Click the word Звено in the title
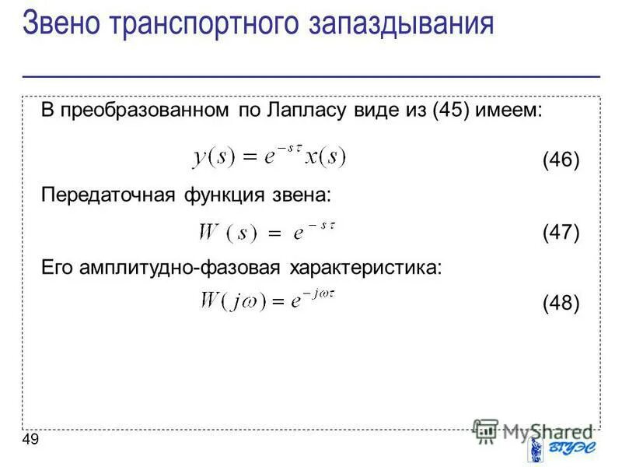tap(63, 23)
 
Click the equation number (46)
tap(561, 160)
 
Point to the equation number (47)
tap(561, 232)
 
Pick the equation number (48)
tap(561, 303)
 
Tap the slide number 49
tap(31, 441)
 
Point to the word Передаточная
tap(108, 195)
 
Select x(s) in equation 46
tap(324, 157)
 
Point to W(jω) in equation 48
tap(232, 301)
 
